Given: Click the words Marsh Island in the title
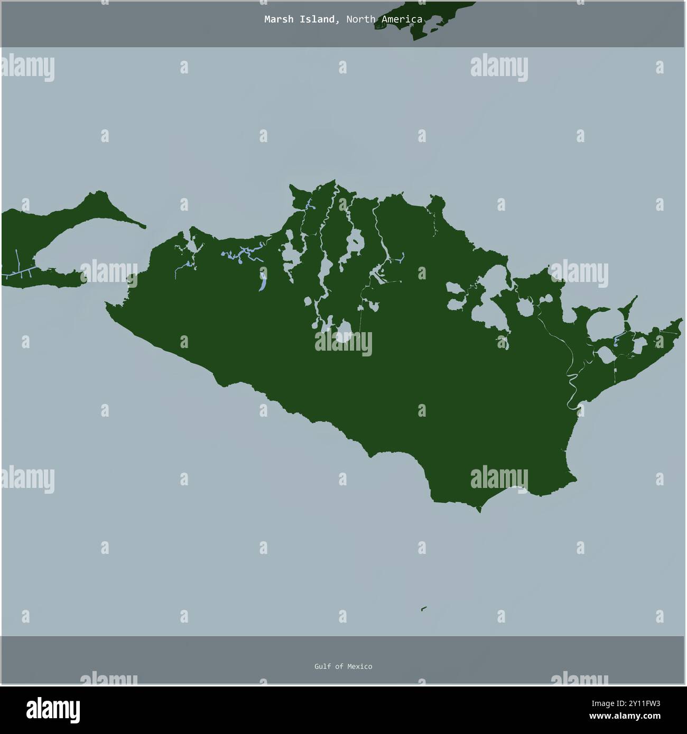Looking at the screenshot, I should tap(300, 20).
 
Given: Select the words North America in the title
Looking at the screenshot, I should tap(384, 20).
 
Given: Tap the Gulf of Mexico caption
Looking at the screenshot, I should tap(343, 666).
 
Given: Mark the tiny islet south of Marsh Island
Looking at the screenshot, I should tap(424, 609).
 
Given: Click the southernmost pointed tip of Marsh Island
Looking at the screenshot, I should tap(479, 510).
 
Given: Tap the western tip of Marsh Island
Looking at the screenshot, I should tap(107, 304).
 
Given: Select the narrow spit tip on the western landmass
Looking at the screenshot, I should tap(144, 227).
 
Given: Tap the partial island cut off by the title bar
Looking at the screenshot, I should tap(423, 21).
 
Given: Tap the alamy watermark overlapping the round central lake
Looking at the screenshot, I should tap(343, 343).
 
